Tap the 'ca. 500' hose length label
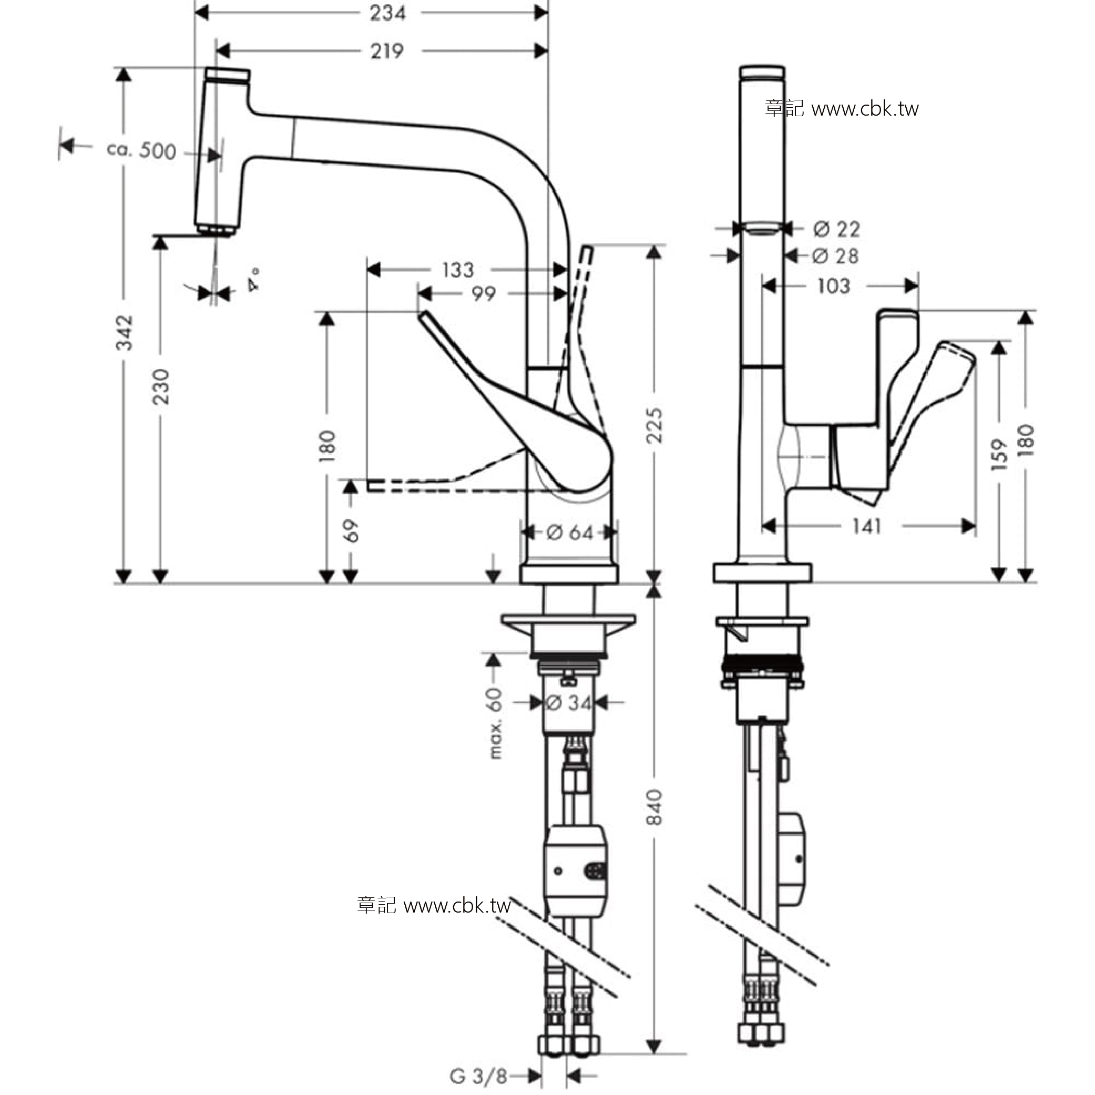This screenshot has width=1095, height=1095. (142, 150)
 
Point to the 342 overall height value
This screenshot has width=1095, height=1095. (125, 333)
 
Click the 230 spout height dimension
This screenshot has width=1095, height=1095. (161, 386)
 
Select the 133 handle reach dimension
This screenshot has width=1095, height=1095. (458, 270)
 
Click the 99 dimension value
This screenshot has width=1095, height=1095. (484, 293)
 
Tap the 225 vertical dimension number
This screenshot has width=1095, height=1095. (654, 425)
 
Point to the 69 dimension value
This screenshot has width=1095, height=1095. (351, 530)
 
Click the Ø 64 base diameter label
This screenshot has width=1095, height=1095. (570, 532)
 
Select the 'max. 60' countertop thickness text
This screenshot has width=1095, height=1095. (495, 723)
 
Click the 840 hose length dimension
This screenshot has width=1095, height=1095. (654, 807)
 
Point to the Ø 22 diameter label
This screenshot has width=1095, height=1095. (836, 229)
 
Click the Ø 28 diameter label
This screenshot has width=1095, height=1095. (835, 255)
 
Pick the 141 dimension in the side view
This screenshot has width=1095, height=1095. (867, 527)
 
